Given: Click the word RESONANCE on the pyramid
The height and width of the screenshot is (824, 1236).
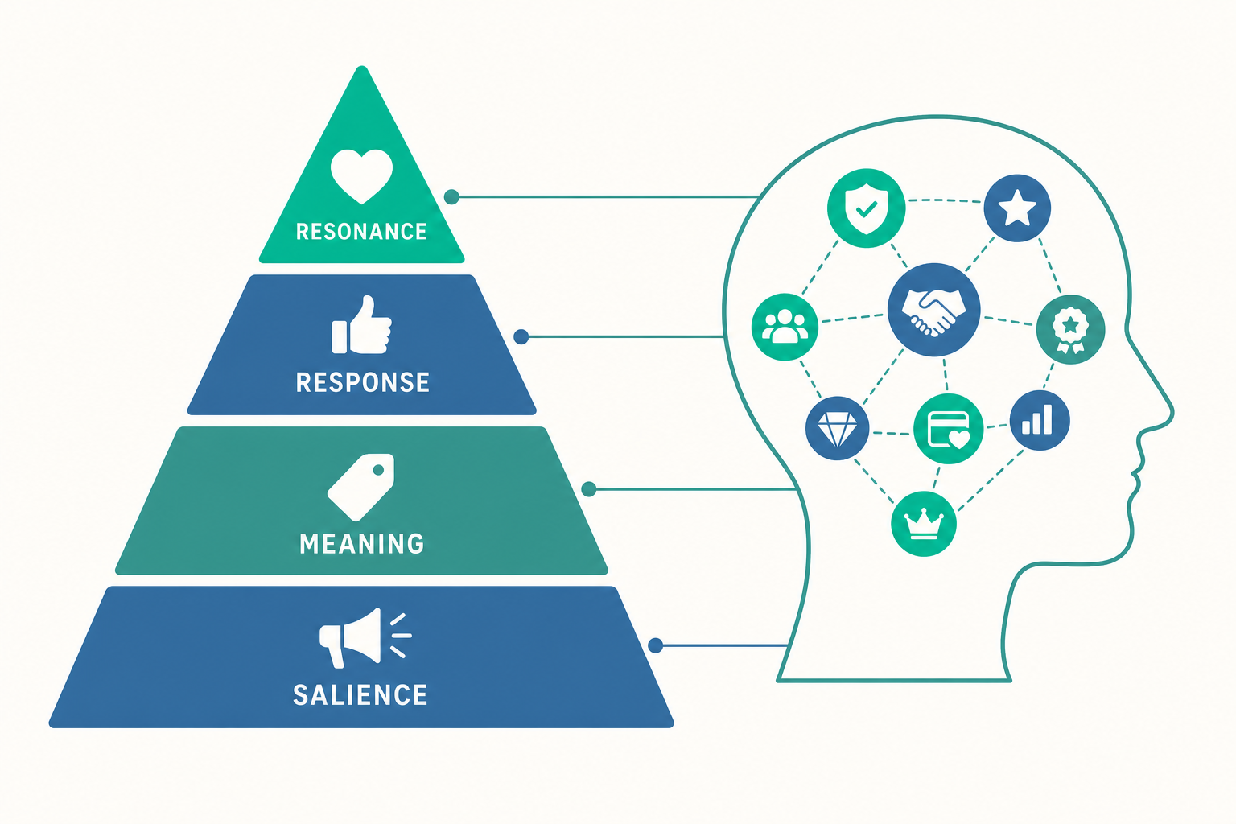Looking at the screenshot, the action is tap(361, 231).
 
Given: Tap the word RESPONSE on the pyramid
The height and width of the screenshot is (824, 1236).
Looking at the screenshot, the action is tap(363, 382).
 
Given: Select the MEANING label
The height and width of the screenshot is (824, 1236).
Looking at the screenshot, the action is tap(362, 544).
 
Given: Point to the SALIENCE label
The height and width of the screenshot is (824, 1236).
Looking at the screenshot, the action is tap(360, 695).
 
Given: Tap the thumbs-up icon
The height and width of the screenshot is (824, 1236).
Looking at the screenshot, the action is tap(361, 325).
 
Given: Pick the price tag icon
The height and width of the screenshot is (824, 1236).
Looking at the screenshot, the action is tap(360, 488).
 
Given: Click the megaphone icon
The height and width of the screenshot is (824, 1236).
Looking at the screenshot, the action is tap(365, 637).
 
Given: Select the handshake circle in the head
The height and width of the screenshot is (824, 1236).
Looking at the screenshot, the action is tap(933, 310).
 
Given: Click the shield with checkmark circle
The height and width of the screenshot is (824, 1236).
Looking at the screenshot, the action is tap(867, 208).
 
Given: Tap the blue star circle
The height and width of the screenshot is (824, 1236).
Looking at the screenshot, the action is tap(1017, 208).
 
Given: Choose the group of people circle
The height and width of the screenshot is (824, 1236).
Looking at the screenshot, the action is tap(785, 327).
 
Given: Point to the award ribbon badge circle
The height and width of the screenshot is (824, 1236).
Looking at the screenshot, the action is tap(1070, 329).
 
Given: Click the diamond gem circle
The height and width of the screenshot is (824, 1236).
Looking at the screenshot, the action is tap(837, 428).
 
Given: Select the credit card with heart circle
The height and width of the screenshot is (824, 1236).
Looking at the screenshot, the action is tap(948, 428).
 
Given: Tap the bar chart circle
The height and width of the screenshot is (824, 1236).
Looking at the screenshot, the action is tap(1040, 420).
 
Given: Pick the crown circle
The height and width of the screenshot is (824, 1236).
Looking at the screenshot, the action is tap(923, 524).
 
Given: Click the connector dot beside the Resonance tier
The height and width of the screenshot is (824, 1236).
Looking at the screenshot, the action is tap(451, 197).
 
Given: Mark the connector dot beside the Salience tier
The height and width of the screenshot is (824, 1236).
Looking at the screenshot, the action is tap(655, 645).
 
